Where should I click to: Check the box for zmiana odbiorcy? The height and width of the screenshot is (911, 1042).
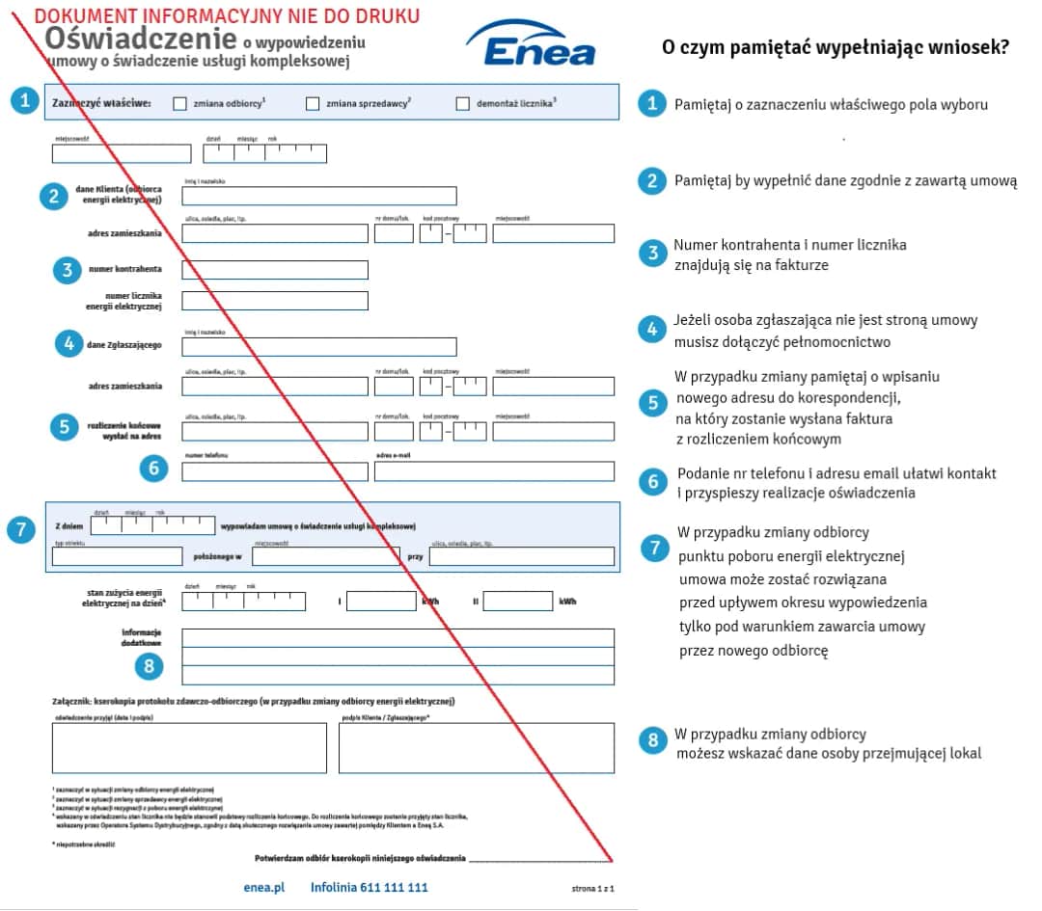coord(180,104)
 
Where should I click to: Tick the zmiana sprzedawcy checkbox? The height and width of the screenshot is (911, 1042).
coord(313,104)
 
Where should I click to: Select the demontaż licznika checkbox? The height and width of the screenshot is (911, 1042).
coord(462,104)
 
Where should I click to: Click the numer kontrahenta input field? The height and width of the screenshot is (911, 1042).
coord(275,270)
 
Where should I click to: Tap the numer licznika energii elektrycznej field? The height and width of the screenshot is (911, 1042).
coord(275,301)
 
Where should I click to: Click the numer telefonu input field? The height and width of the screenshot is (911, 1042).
coord(275,471)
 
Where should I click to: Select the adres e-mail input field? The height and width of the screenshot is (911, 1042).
coord(494,471)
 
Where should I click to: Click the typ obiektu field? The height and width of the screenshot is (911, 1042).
coord(117,556)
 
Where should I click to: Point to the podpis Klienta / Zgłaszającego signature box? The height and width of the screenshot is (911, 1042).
coord(476,748)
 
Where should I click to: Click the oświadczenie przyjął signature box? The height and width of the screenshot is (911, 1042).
coord(189,748)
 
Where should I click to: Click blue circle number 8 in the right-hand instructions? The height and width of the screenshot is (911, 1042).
coord(653,740)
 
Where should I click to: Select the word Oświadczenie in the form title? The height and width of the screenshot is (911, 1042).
coord(141,40)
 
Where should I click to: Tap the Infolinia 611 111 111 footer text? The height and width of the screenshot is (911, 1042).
coord(369,887)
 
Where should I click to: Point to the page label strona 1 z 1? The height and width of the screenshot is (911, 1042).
coord(592,888)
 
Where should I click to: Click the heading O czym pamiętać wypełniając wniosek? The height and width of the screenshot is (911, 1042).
coord(836,47)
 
